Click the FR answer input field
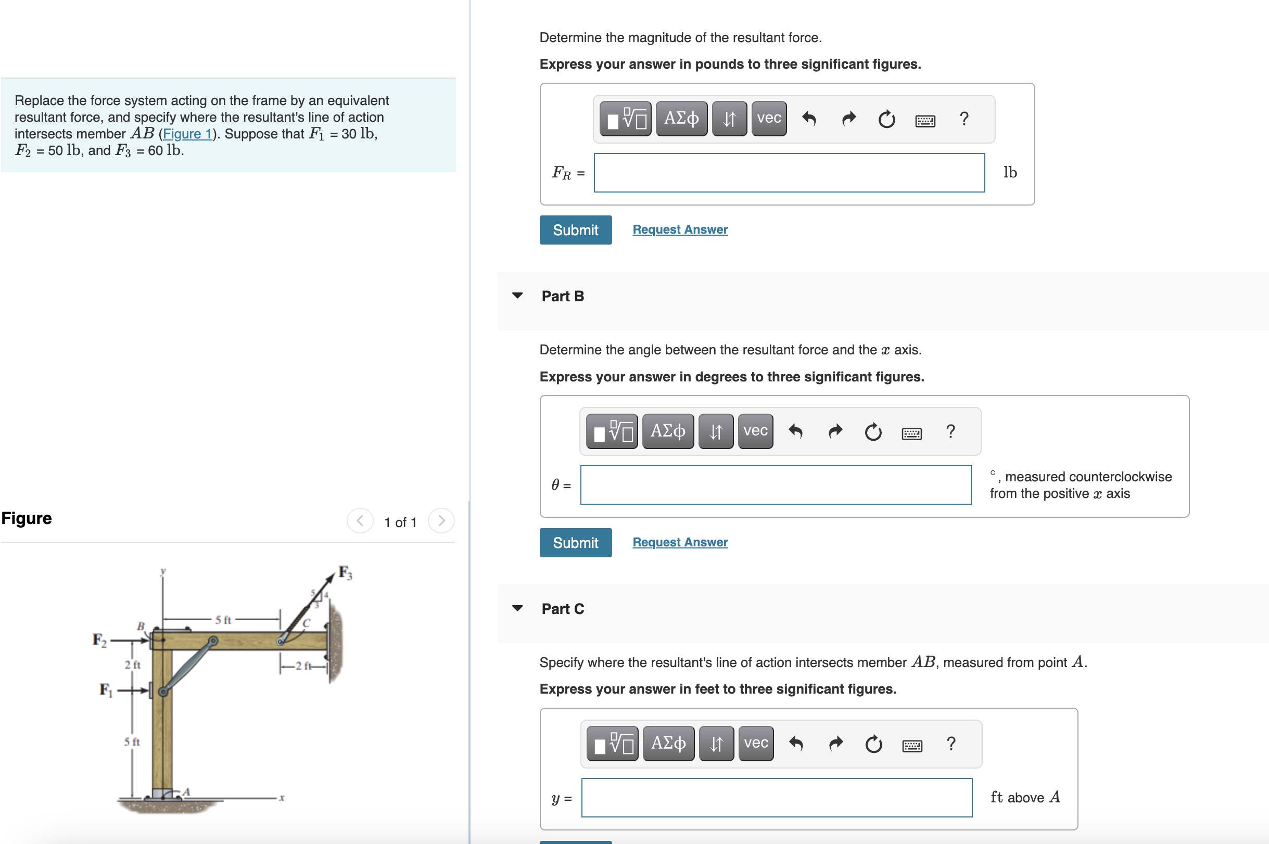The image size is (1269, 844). click(x=789, y=173)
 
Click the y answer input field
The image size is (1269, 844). click(x=777, y=797)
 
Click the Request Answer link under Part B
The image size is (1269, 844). click(x=679, y=542)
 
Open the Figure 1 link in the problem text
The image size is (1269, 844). click(x=187, y=134)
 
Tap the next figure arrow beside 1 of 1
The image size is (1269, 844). click(x=441, y=520)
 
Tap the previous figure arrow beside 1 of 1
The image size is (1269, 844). click(x=360, y=520)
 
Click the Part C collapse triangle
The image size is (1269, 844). click(x=517, y=608)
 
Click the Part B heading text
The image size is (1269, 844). click(x=562, y=296)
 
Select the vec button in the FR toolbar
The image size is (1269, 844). click(x=768, y=119)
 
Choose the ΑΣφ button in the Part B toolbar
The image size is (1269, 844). click(x=668, y=431)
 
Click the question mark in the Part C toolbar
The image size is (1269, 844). click(x=951, y=744)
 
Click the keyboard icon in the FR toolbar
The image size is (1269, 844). click(x=925, y=120)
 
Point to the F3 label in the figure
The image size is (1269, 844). click(x=345, y=573)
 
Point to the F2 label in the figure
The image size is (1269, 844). click(x=99, y=640)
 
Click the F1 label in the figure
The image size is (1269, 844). click(x=106, y=689)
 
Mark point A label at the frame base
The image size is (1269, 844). click(x=186, y=791)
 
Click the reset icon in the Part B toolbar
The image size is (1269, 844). click(x=873, y=432)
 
